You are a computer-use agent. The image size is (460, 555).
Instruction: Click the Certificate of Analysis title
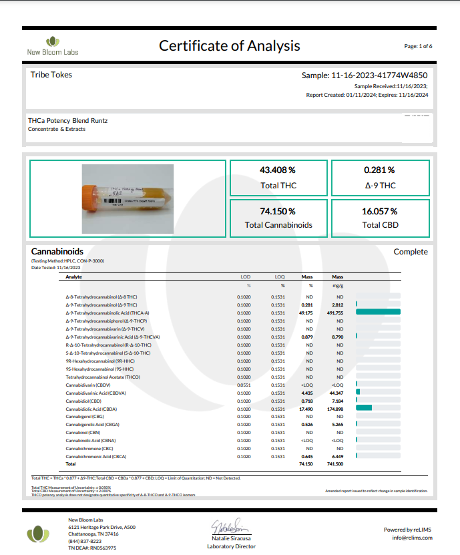click(229, 46)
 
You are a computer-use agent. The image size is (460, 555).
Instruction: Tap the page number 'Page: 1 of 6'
click(419, 46)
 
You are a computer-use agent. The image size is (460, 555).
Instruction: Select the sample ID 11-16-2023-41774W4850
click(365, 75)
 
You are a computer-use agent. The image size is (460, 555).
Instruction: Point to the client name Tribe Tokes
click(51, 75)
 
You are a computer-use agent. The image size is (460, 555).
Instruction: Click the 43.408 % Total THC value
click(278, 170)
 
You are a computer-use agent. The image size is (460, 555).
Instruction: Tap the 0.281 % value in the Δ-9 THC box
click(379, 170)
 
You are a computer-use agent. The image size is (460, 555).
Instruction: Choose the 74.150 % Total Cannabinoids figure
click(278, 211)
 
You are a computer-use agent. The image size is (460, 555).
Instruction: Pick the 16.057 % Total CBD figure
click(379, 211)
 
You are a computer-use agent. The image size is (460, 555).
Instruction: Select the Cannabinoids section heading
click(57, 252)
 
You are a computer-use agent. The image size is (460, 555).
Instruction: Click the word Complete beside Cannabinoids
click(411, 252)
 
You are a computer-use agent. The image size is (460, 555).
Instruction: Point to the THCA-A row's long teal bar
click(379, 312)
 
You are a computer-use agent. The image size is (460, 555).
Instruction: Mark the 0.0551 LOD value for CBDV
click(244, 385)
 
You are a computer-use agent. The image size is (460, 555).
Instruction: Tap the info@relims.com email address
click(412, 537)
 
